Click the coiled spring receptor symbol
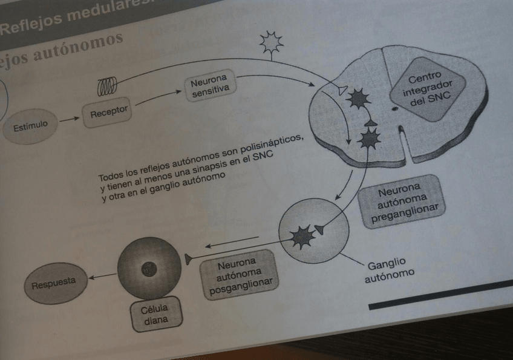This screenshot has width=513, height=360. [107, 86]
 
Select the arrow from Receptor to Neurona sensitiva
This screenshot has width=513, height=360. [158, 99]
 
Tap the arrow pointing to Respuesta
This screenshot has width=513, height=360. [102, 277]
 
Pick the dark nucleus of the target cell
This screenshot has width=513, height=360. [149, 269]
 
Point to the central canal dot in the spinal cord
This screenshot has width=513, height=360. [394, 109]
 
